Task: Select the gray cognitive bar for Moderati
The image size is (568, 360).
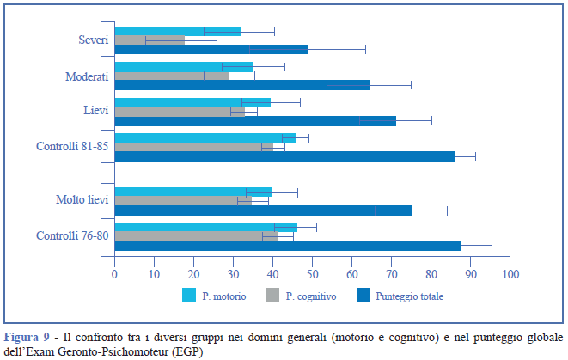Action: pyautogui.click(x=172, y=76)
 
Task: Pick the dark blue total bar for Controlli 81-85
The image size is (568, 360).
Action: pyautogui.click(x=284, y=156)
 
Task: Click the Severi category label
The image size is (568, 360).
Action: pyautogui.click(x=93, y=40)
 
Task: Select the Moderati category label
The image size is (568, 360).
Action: pyautogui.click(x=87, y=76)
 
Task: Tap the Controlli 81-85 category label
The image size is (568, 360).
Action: pyautogui.click(x=72, y=147)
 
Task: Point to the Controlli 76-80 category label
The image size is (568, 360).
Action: pyautogui.click(x=72, y=236)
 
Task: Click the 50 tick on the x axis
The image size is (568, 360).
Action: pyautogui.click(x=313, y=274)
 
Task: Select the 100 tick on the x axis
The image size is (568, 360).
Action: pyautogui.click(x=510, y=274)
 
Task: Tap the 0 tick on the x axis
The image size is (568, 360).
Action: pyautogui.click(x=114, y=274)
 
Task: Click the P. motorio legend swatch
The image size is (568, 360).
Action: pyautogui.click(x=190, y=295)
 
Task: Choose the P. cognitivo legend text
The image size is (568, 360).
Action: pyautogui.click(x=310, y=296)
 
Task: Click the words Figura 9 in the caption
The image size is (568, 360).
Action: pyautogui.click(x=25, y=335)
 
